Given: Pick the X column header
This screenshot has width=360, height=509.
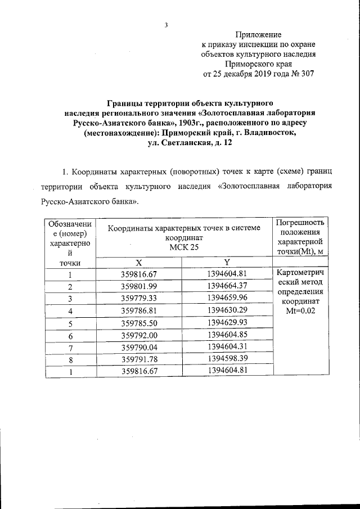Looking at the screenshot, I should click(x=138, y=263).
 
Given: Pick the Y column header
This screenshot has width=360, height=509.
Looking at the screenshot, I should click(x=227, y=263).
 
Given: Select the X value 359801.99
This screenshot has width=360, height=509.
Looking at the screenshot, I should click(x=138, y=286).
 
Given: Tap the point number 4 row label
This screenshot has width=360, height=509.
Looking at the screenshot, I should click(x=70, y=310).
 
